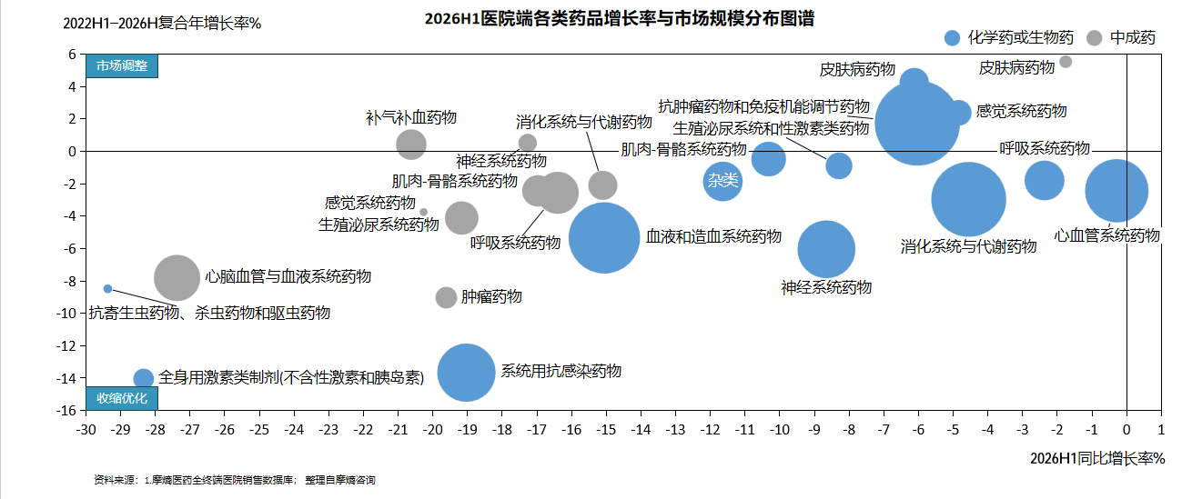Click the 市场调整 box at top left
pyautogui.click(x=122, y=65)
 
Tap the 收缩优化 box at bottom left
pyautogui.click(x=122, y=398)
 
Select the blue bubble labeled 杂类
pyautogui.click(x=722, y=181)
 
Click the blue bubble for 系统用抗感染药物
pyautogui.click(x=467, y=373)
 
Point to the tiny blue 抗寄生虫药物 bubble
pyautogui.click(x=107, y=289)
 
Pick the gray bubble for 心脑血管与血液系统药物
pyautogui.click(x=177, y=278)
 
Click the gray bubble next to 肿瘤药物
pyautogui.click(x=446, y=298)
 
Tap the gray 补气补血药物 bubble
pyautogui.click(x=411, y=145)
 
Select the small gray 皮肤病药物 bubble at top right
pyautogui.click(x=1066, y=62)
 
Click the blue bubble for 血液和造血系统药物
pyautogui.click(x=604, y=237)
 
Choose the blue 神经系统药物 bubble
pyautogui.click(x=826, y=249)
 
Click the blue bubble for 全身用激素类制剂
pyautogui.click(x=144, y=378)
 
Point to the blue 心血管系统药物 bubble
pyautogui.click(x=1116, y=191)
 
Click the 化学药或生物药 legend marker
pyautogui.click(x=952, y=38)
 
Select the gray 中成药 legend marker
pyautogui.click(x=1095, y=38)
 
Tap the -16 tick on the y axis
pyautogui.click(x=66, y=411)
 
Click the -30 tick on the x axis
pyautogui.click(x=86, y=430)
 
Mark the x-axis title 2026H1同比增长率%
pyautogui.click(x=1097, y=458)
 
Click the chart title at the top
pyautogui.click(x=620, y=18)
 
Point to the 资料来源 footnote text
pyautogui.click(x=234, y=480)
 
